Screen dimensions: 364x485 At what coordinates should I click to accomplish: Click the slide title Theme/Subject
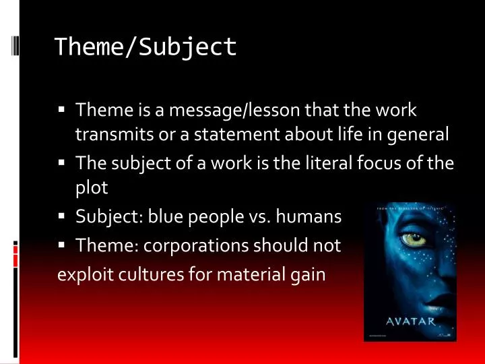145,47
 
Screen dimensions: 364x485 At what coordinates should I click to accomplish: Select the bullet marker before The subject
61,162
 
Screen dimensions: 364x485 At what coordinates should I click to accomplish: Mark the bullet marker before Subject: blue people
61,217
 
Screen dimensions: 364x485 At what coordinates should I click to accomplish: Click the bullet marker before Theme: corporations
61,246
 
